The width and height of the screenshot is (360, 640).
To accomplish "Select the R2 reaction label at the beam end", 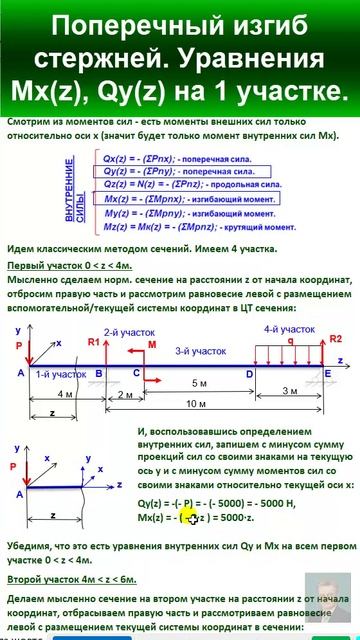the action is coord(336,339).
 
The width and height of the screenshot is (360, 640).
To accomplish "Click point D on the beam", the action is coord(249,372).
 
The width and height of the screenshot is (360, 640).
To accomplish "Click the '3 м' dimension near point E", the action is coord(288,390).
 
